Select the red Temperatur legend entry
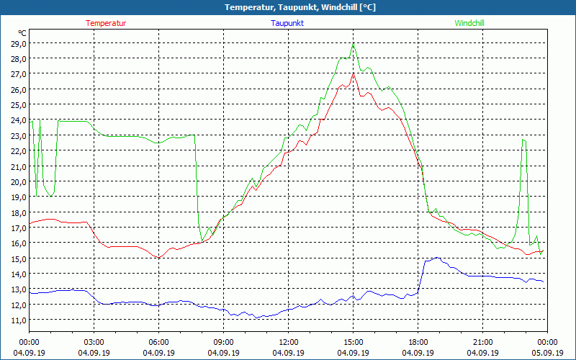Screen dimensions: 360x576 point(106,23)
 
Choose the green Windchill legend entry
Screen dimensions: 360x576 point(469,23)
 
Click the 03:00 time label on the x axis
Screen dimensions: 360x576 point(94,342)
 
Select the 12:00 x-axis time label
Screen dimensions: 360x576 point(289,342)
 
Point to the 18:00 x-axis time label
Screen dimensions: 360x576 point(418,342)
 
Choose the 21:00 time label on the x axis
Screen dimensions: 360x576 point(483,342)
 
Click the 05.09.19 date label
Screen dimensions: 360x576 point(547,353)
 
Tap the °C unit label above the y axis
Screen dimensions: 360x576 point(22,33)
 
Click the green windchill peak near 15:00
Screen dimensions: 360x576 point(353,45)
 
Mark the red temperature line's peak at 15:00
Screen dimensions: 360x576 point(353,73)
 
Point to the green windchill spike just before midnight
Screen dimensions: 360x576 point(524,140)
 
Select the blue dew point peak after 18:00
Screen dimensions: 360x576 point(436,258)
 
